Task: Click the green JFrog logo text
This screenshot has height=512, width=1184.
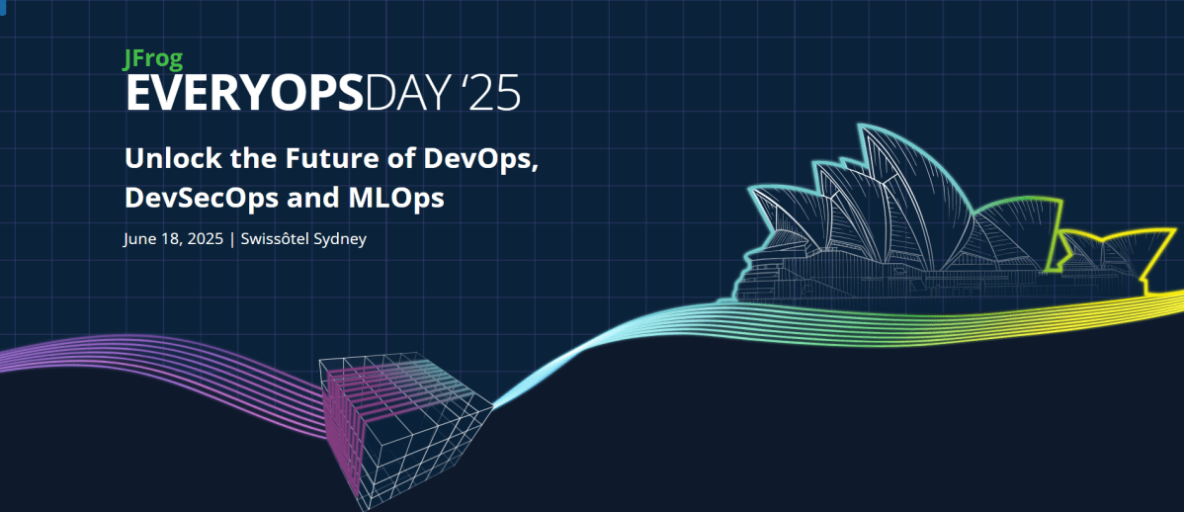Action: click(x=153, y=59)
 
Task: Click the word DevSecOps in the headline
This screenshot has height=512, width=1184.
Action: click(x=199, y=198)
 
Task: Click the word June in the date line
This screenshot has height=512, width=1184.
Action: click(x=139, y=239)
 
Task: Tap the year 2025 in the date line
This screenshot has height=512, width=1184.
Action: click(x=202, y=239)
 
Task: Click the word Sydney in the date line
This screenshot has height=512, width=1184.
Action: click(x=340, y=239)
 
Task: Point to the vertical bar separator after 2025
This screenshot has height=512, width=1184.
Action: click(x=231, y=239)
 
